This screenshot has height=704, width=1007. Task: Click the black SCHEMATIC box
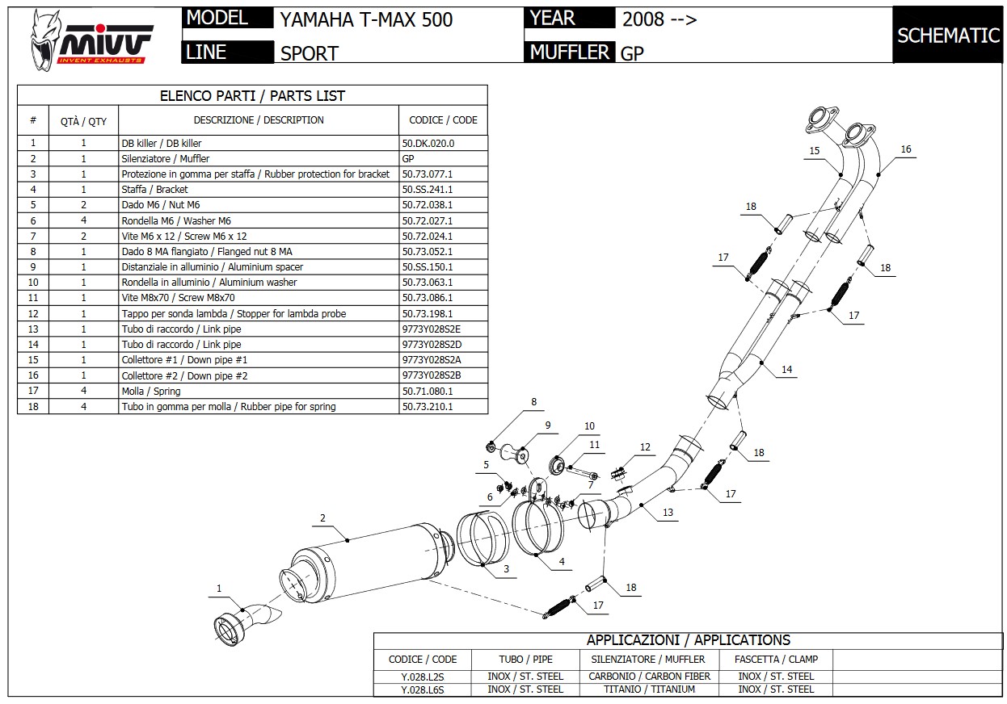948,35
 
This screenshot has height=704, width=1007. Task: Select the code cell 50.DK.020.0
428,143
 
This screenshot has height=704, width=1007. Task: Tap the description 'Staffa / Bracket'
154,190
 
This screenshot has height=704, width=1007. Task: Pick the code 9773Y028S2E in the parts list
431,329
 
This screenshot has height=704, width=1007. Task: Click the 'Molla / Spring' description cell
151,392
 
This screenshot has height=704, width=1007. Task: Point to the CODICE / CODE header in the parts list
443,120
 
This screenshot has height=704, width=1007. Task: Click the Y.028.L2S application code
423,677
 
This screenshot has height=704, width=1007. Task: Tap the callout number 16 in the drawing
906,149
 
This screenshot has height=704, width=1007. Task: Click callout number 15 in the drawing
814,151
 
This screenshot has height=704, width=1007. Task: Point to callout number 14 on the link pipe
786,370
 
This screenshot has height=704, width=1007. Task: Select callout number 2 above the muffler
322,518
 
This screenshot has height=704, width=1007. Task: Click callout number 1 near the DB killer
218,589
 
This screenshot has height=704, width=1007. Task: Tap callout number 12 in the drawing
645,447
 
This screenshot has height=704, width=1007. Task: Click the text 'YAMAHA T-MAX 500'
366,19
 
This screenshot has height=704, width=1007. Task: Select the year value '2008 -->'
659,19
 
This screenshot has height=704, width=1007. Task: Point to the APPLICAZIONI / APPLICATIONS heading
688,640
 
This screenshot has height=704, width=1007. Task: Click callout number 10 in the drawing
589,426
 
